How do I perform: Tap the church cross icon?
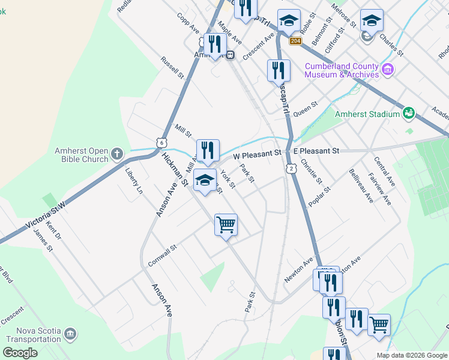click(x=117, y=154)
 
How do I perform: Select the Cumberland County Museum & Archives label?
click(x=341, y=70)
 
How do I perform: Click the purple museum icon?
click(x=388, y=70)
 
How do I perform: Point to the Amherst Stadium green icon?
click(x=409, y=113)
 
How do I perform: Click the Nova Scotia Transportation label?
click(x=34, y=335)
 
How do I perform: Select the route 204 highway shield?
click(x=295, y=41)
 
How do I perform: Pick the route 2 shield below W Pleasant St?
click(x=291, y=169)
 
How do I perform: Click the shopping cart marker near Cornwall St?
click(x=226, y=226)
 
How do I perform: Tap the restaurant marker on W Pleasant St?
click(x=208, y=151)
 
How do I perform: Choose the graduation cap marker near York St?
click(x=205, y=179)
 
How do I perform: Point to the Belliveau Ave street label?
click(x=361, y=185)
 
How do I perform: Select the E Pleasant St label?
click(x=316, y=151)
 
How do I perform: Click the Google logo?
click(x=20, y=353)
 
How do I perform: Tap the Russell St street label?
click(x=172, y=68)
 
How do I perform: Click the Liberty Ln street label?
click(x=134, y=180)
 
